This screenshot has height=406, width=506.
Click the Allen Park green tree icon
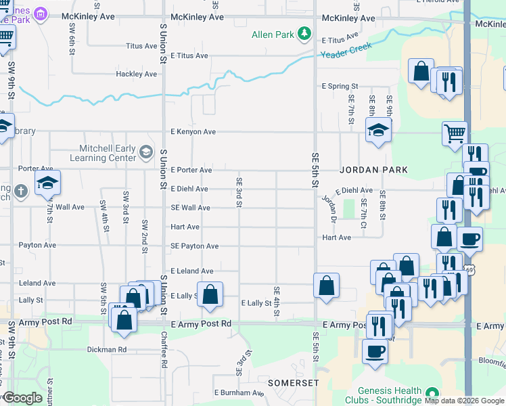click(x=304, y=33)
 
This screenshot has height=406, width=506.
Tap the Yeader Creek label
click(x=347, y=53)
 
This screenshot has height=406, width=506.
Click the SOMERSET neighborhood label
click(x=293, y=383)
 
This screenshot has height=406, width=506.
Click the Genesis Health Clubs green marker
click(x=432, y=394)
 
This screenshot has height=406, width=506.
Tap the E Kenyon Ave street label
click(x=193, y=132)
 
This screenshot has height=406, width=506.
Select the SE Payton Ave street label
click(x=194, y=246)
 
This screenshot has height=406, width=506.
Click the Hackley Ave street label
click(x=136, y=74)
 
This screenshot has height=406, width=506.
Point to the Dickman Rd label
click(x=107, y=350)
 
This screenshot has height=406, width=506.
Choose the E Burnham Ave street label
click(x=239, y=392)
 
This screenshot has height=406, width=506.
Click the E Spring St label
click(x=340, y=87)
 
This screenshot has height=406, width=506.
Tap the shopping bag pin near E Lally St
click(x=210, y=294)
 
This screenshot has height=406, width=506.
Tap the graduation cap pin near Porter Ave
click(x=47, y=183)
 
